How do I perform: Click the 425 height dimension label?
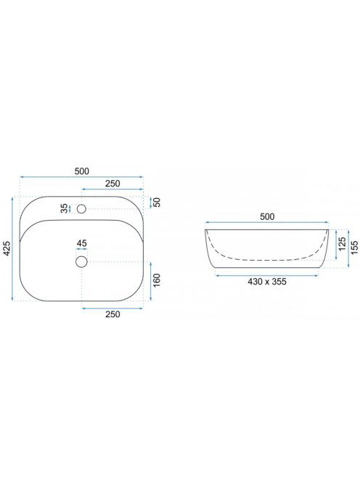pos(7,249)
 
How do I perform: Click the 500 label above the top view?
pos(82,171)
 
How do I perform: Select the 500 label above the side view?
pos(267,216)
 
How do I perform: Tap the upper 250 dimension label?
pos(112,184)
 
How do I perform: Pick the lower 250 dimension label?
pos(112,314)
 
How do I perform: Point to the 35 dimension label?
pos(65,208)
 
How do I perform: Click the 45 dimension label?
pos(82,243)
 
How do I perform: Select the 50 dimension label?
pos(157,203)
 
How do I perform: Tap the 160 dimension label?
pos(157,280)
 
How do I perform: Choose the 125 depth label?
pos(342,244)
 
